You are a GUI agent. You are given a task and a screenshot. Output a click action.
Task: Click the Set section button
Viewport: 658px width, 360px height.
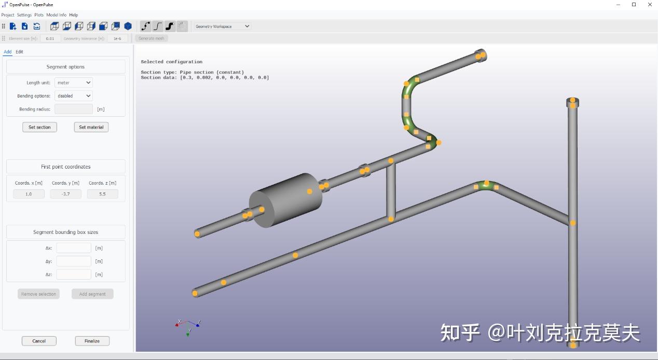click(39, 127)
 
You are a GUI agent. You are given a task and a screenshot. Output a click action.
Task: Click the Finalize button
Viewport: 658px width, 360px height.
click(92, 341)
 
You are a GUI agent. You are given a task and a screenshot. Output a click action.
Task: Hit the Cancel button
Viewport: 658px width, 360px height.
click(39, 341)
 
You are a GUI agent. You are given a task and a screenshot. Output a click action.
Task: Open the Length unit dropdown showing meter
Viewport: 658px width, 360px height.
click(74, 82)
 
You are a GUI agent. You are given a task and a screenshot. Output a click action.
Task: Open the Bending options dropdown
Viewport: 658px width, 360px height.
click(74, 96)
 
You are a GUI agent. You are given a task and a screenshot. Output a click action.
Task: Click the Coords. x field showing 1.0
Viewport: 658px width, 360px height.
click(29, 194)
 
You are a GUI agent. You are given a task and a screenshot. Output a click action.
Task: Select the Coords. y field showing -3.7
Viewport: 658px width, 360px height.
click(65, 194)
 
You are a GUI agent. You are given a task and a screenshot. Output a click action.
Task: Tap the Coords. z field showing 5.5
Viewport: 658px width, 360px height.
click(102, 194)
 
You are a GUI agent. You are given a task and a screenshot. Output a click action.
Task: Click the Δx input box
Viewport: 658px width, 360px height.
click(74, 248)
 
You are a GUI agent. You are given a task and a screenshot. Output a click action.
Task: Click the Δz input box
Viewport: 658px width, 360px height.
click(74, 274)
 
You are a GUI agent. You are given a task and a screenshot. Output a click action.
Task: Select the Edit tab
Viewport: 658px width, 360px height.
click(19, 52)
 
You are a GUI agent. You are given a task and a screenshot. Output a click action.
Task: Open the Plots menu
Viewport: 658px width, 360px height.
click(39, 15)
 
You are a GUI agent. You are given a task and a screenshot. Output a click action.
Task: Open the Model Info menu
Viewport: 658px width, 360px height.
click(56, 15)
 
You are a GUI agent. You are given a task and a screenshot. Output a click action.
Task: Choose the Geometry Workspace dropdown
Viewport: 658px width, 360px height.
click(222, 26)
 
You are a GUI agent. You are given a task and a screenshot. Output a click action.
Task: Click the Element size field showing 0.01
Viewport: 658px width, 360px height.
click(50, 38)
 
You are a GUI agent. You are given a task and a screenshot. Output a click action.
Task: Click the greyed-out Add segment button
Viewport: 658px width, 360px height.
click(92, 294)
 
